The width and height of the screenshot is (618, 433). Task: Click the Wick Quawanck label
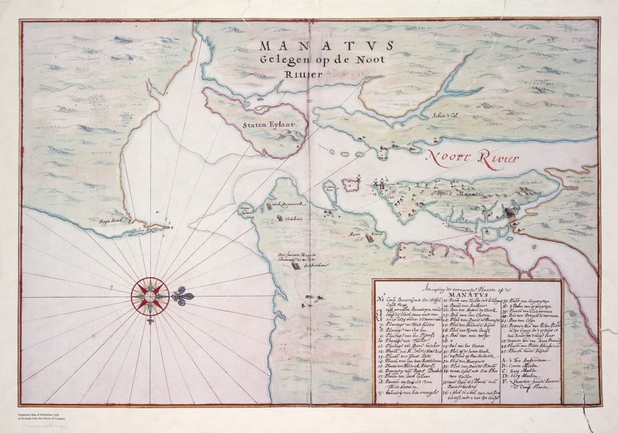click(x=282, y=205)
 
